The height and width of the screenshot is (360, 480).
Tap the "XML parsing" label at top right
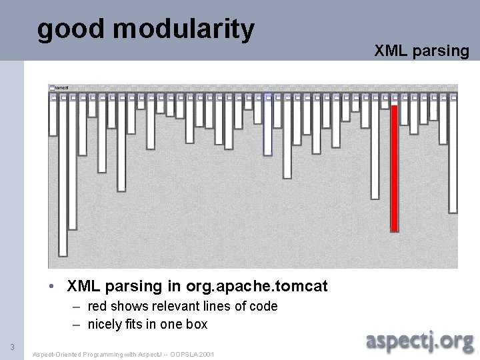[421, 51]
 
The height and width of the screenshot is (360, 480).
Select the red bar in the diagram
[394, 167]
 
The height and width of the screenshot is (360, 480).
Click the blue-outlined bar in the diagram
[267, 127]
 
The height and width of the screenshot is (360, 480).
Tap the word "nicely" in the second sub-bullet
[105, 325]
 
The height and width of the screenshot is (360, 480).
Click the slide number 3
[12, 347]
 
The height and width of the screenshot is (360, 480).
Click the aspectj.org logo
[420, 341]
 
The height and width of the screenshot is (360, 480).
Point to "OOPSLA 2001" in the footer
[193, 354]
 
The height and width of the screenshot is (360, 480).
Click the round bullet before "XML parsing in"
[51, 287]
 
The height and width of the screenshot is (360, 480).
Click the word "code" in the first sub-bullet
[263, 307]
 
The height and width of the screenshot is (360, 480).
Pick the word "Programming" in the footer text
[98, 354]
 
